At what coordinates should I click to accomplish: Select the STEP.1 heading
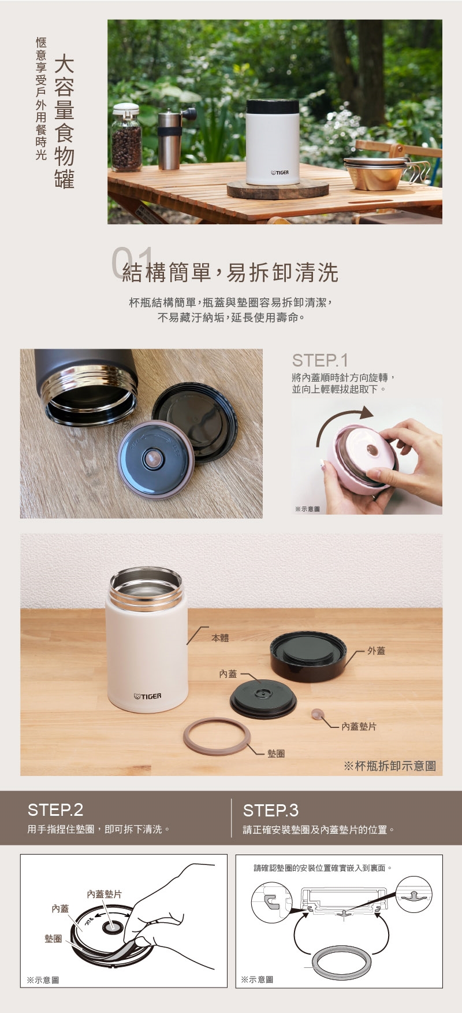point(320,361)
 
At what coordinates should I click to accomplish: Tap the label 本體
point(220,638)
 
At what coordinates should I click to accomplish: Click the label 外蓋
point(376,650)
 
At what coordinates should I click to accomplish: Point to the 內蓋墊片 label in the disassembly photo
point(359,726)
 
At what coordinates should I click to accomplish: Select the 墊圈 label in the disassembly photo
point(275,753)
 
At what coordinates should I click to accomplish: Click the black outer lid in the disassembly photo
point(312,656)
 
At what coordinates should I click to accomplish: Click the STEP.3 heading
point(271,809)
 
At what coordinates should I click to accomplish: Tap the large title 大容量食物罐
point(64,122)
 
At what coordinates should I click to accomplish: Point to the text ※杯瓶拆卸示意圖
point(390,766)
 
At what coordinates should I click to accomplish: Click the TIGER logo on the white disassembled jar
point(148,696)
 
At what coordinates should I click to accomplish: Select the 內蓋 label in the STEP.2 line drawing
point(60,908)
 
